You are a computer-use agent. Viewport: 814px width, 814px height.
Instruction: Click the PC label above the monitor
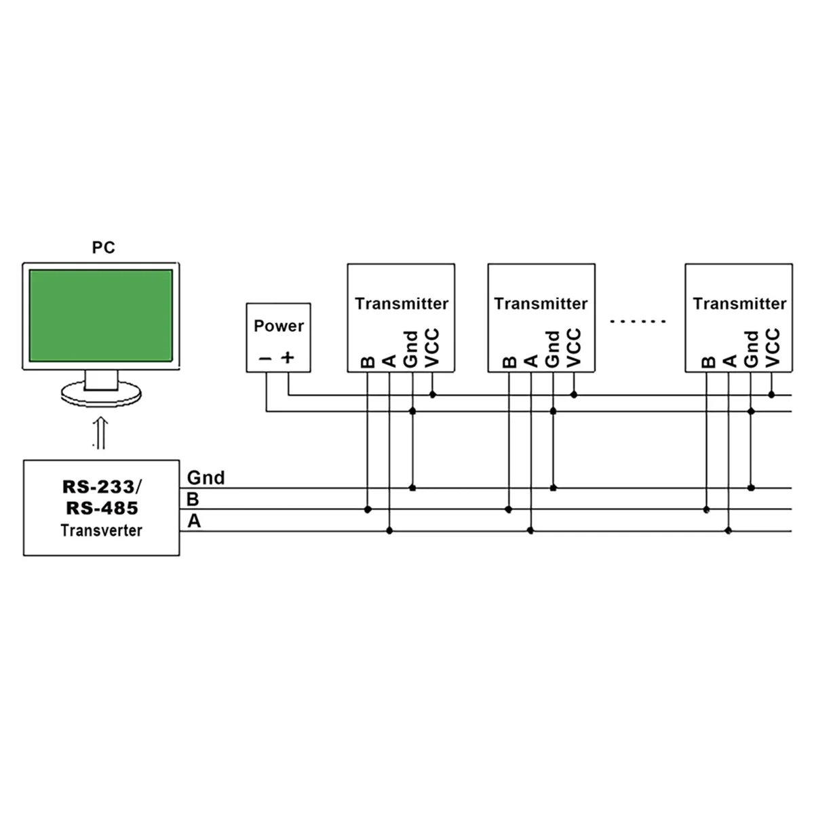point(104,248)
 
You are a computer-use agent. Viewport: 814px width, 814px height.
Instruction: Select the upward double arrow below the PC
point(100,432)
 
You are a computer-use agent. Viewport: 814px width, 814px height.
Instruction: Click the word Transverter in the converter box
point(101,530)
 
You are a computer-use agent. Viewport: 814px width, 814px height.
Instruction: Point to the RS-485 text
point(102,508)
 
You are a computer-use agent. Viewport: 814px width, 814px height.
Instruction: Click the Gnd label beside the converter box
point(206,478)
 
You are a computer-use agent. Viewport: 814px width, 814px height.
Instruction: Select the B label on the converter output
point(193,500)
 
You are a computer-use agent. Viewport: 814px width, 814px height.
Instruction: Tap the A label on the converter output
point(194,522)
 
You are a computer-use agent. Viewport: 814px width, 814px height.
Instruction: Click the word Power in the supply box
point(278,326)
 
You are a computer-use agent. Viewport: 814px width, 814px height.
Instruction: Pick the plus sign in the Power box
point(288,357)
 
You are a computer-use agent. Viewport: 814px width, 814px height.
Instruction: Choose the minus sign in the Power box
point(265,358)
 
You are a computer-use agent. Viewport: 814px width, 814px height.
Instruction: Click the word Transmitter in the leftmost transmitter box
point(402,303)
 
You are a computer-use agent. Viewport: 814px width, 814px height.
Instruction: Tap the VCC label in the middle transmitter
point(574,348)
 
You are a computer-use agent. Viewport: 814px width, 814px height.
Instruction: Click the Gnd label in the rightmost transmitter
point(751,349)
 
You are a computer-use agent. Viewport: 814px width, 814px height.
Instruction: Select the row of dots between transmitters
point(638,321)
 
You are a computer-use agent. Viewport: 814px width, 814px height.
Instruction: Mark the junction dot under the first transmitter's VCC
point(433,394)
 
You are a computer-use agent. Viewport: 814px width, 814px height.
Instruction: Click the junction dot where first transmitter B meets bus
point(368,509)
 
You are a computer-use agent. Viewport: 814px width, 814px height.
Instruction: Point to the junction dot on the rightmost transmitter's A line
point(729,530)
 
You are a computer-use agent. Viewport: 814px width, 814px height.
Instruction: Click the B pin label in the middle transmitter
point(509,362)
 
